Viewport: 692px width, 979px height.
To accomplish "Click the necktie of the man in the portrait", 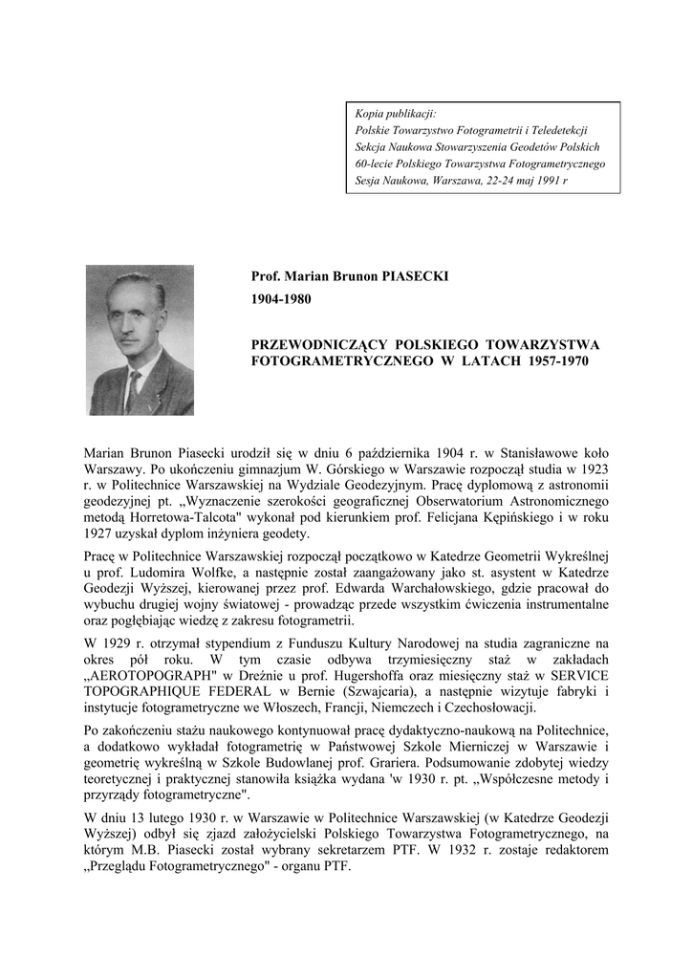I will coord(133,388).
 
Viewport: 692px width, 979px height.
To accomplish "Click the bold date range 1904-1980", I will coord(281,299).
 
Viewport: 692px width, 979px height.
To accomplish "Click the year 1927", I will coord(101,533).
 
